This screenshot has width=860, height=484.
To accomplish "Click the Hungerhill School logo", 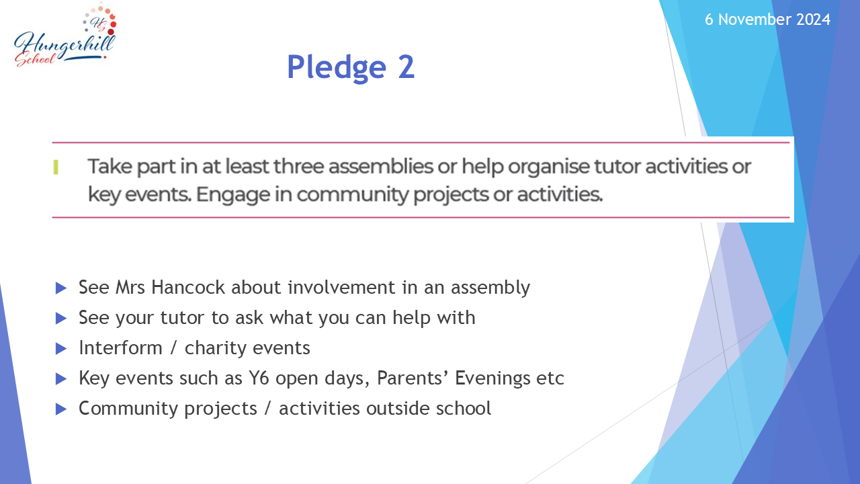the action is tap(65, 36).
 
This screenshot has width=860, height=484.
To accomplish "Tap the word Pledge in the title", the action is tap(337, 68).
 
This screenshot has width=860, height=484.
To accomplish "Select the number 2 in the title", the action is tap(406, 67).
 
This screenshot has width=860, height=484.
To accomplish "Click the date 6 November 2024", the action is tap(767, 19).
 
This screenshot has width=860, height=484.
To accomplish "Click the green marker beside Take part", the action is tap(56, 167).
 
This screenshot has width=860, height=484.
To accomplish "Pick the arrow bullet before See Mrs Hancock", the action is tap(61, 288).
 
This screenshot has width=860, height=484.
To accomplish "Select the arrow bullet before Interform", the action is tap(61, 349).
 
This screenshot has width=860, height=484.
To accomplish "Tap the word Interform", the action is tap(120, 348).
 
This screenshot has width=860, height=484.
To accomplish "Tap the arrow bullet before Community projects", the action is tap(61, 409).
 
